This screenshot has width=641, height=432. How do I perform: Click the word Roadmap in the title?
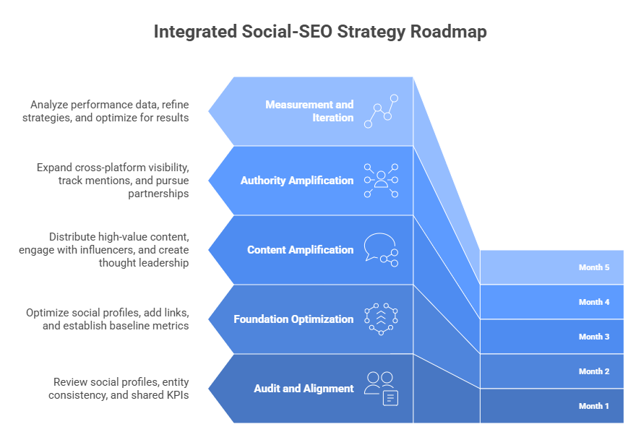(x=449, y=32)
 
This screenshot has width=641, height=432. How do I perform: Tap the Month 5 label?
(x=594, y=267)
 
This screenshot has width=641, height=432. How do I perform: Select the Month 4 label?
(x=594, y=302)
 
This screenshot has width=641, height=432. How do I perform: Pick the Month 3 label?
(x=594, y=337)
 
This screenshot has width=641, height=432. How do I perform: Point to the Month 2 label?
(x=594, y=371)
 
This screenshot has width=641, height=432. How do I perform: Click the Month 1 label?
(x=593, y=406)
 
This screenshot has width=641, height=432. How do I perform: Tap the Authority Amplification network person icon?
(x=381, y=180)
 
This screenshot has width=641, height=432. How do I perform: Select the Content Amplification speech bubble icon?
(x=381, y=250)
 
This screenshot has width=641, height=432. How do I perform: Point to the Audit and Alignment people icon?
(x=381, y=389)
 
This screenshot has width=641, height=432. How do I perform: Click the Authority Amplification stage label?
(x=297, y=181)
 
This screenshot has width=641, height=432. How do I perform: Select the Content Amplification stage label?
(x=301, y=250)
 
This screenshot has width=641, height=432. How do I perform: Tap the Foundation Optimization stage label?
(x=293, y=319)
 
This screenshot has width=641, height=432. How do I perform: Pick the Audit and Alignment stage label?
(x=304, y=389)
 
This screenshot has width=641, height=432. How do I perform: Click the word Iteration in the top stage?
(x=332, y=118)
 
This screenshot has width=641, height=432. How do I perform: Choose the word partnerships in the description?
(x=158, y=194)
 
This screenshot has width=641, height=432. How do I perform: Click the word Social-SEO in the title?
(x=287, y=32)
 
